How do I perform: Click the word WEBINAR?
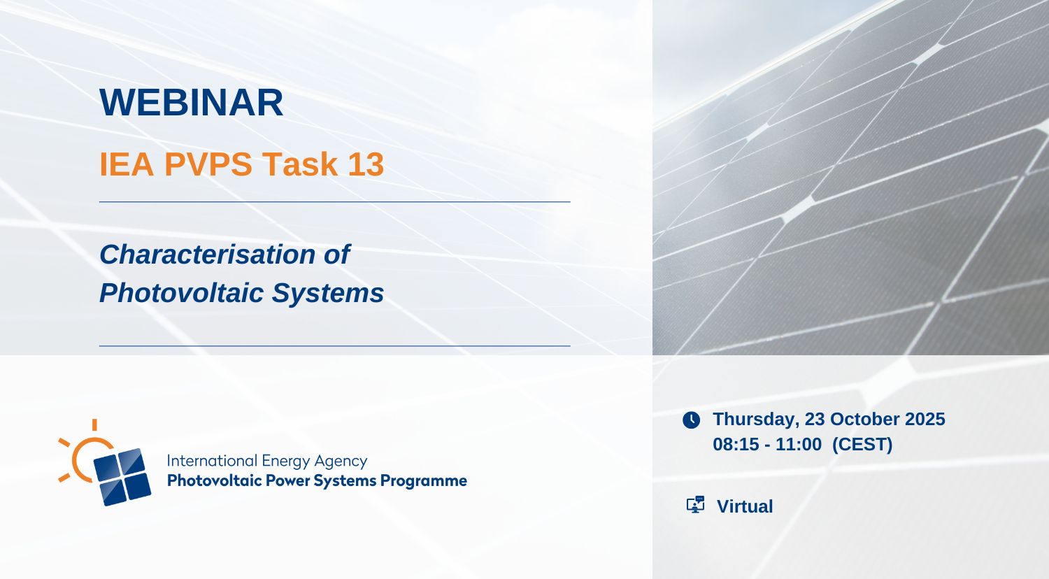coord(191,102)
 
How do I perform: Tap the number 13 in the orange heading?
coord(366,164)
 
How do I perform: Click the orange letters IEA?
coord(127,164)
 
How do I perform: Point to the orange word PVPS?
coord(208,164)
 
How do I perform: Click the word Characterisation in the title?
coord(207,255)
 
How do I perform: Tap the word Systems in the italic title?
coord(328,293)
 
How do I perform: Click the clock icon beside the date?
coord(691,420)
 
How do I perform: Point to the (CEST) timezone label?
coord(862,445)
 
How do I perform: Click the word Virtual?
coord(745,506)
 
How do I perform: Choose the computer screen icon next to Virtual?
coord(695,504)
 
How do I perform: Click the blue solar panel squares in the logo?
coord(122,477)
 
